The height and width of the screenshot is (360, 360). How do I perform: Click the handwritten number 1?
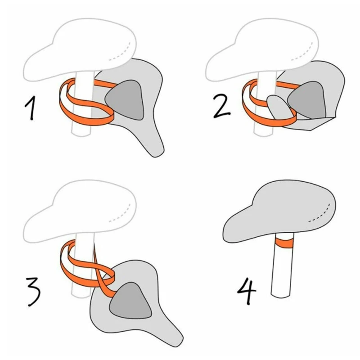(x=31, y=108)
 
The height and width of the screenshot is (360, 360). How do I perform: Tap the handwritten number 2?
(x=222, y=107)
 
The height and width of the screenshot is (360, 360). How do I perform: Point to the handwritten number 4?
(x=247, y=290)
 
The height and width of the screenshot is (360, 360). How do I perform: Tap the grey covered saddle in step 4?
(x=279, y=211)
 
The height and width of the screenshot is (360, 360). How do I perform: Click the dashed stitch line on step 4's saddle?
(x=320, y=213)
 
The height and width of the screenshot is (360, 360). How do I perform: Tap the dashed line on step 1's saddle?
(x=120, y=51)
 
